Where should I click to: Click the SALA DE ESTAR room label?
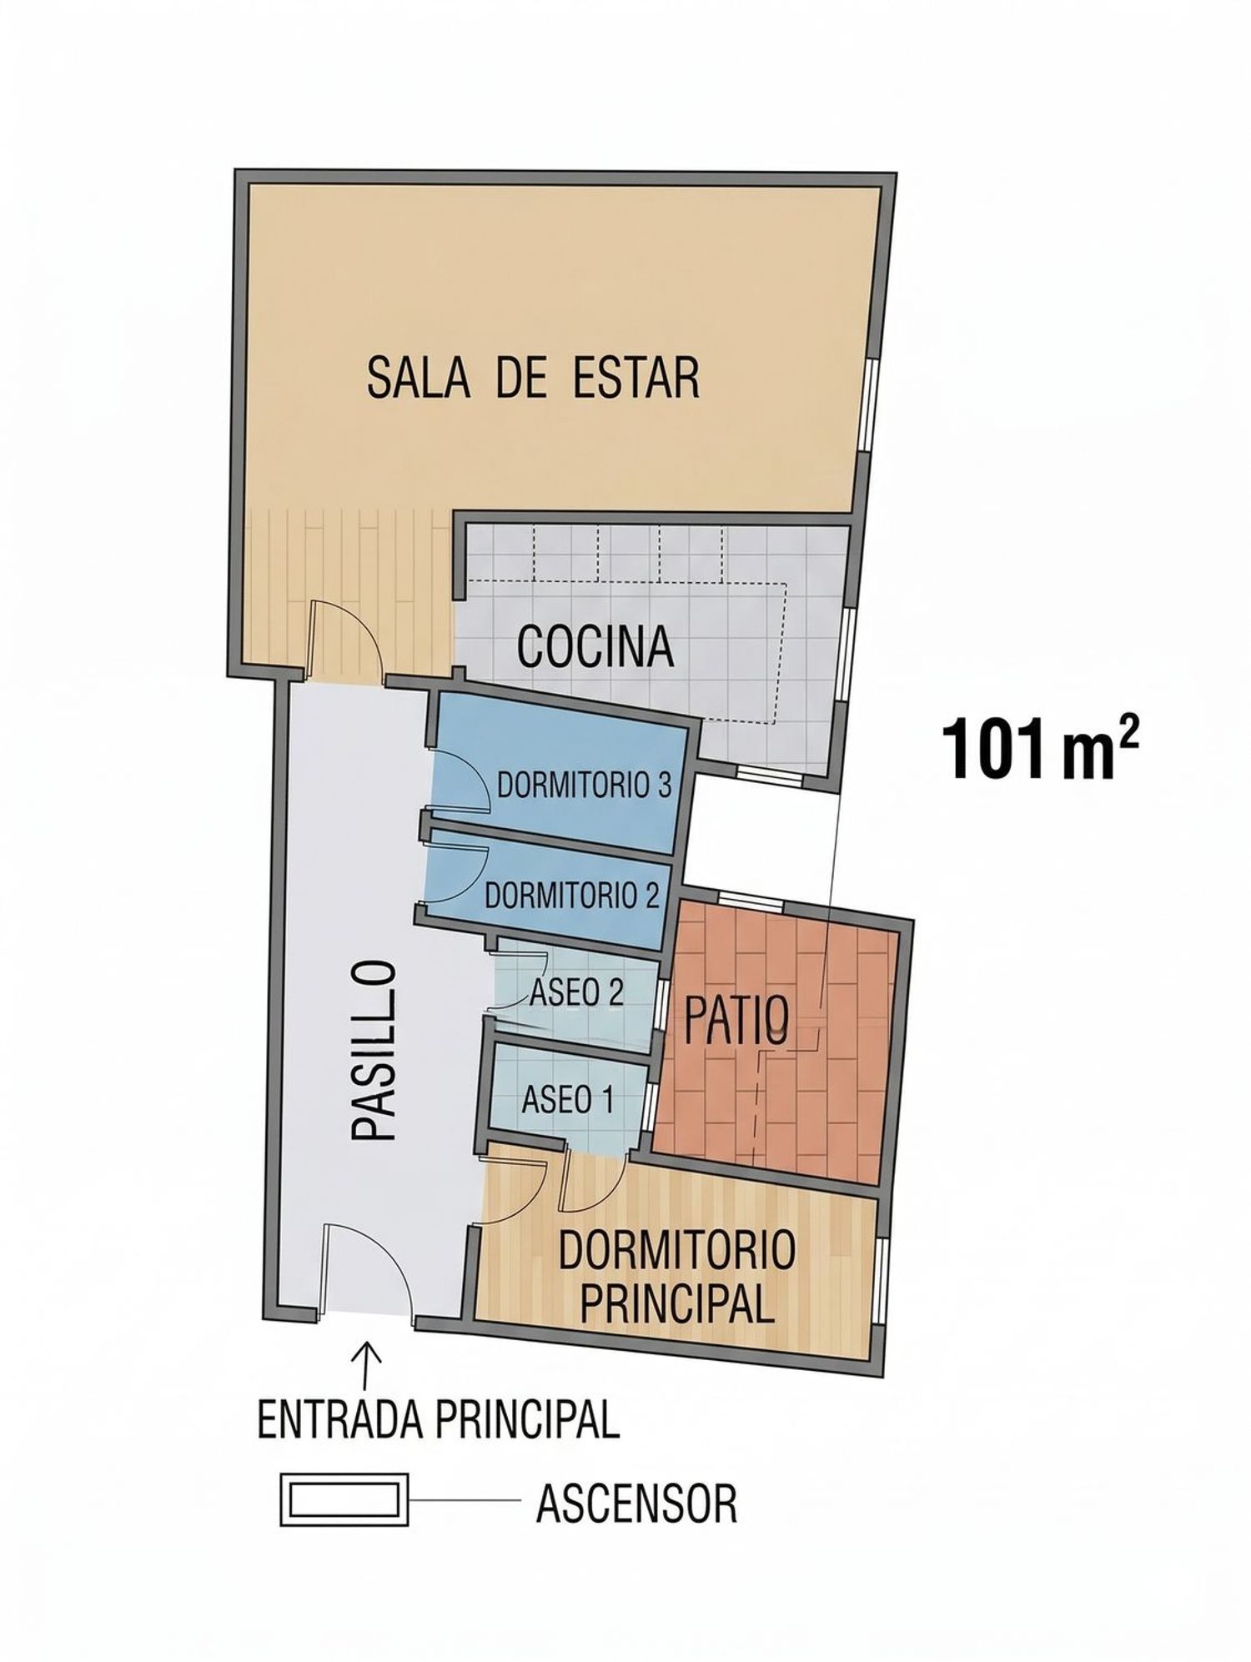pos(533,378)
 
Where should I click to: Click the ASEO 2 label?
pos(577,992)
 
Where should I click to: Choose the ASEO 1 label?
pos(567,1101)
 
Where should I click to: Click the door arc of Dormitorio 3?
pos(467,776)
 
